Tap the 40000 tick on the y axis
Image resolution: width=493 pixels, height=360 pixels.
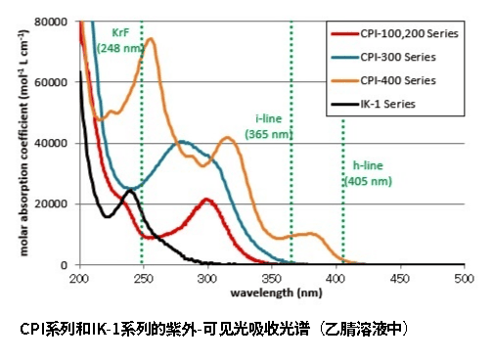pyautogui.click(x=53, y=143)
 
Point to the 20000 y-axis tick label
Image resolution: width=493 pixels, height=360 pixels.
pyautogui.click(x=53, y=203)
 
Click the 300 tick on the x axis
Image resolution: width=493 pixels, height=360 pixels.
pyautogui.click(x=206, y=280)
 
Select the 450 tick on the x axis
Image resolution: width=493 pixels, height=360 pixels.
pyautogui.click(x=399, y=280)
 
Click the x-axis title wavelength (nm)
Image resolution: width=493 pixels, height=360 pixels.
pyautogui.click(x=276, y=292)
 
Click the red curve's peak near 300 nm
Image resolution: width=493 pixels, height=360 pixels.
pyautogui.click(x=206, y=200)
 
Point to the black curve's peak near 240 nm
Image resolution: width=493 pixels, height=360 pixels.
pyautogui.click(x=129, y=191)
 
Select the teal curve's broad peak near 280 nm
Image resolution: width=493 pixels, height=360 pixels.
pyautogui.click(x=182, y=142)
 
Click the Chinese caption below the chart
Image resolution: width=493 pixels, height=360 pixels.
pyautogui.click(x=213, y=330)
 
